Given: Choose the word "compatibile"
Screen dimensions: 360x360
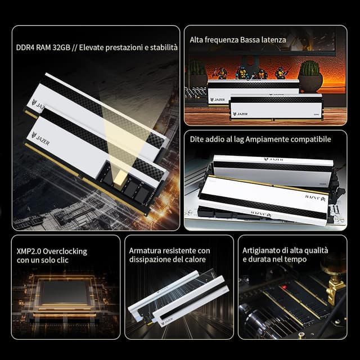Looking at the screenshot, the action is coord(311,139).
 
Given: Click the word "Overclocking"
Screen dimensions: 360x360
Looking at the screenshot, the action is coord(65,251).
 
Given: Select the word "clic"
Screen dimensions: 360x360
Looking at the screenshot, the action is coord(62,260).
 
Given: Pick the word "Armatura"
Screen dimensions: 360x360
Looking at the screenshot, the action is coord(143,251).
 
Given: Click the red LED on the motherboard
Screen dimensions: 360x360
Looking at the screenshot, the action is coord(285,287).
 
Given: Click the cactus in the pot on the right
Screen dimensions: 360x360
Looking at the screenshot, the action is coord(310,68).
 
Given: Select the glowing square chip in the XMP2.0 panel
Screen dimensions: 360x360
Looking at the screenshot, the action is coord(65,292).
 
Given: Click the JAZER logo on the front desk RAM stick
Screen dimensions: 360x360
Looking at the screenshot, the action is coord(240,114).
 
